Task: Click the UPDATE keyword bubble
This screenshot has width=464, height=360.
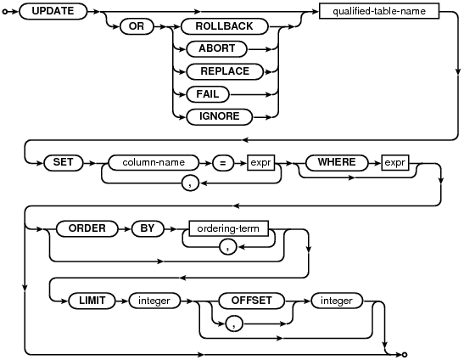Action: point(53,11)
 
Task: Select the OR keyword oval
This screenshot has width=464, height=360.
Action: point(137,26)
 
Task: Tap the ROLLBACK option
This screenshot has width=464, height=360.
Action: point(224,26)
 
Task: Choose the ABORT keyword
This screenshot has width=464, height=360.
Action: point(216,49)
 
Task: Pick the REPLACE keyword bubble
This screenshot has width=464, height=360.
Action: point(225,71)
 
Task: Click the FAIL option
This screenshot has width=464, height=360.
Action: point(208,94)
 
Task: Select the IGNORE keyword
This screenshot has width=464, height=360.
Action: point(219,116)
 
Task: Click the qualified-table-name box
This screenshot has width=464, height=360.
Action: point(379,11)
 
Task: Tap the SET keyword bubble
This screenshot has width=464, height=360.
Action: point(64,163)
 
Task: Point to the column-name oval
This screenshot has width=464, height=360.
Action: point(154,163)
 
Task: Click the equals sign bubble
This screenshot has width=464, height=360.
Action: point(223,163)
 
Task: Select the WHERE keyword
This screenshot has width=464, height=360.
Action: point(337,163)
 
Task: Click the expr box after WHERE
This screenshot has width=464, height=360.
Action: point(395,163)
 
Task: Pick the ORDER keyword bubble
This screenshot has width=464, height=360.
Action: point(87,228)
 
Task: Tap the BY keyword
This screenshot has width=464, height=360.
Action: point(148,228)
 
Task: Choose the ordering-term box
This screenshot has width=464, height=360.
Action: point(228,228)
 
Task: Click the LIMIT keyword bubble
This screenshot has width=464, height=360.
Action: point(92,301)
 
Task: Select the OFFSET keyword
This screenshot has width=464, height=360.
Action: point(252,301)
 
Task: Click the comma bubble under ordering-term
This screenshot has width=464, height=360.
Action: point(228,247)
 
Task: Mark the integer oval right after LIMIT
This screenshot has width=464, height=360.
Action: point(154,301)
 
